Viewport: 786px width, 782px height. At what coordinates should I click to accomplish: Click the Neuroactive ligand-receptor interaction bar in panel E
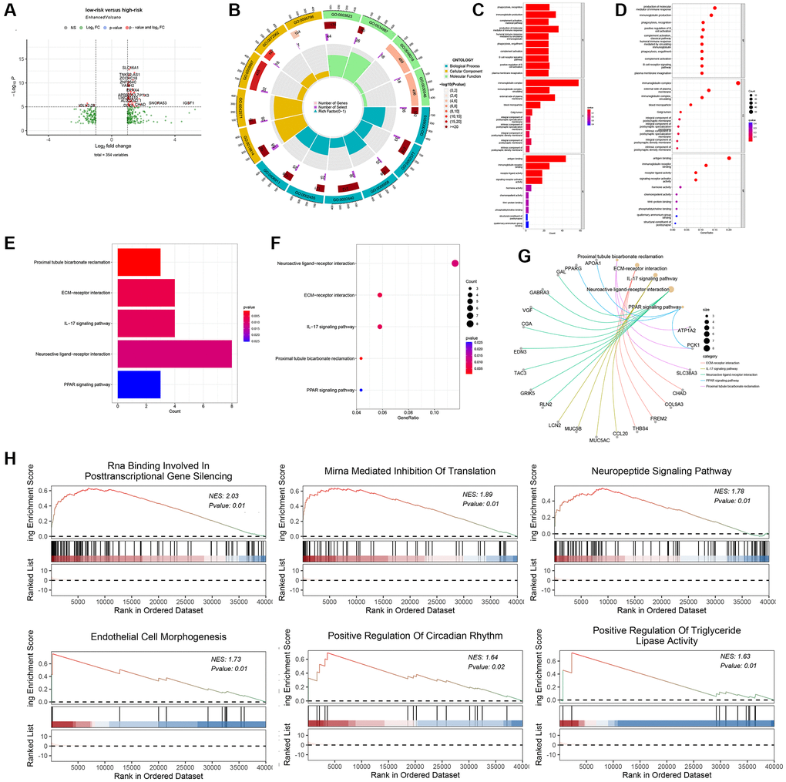click(174, 353)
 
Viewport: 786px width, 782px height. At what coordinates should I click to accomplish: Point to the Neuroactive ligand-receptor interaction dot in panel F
click(455, 264)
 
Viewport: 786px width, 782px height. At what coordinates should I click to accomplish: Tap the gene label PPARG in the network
click(573, 268)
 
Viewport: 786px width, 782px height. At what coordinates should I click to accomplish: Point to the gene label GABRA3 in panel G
click(539, 292)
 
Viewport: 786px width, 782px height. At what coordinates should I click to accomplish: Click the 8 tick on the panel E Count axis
click(232, 405)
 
